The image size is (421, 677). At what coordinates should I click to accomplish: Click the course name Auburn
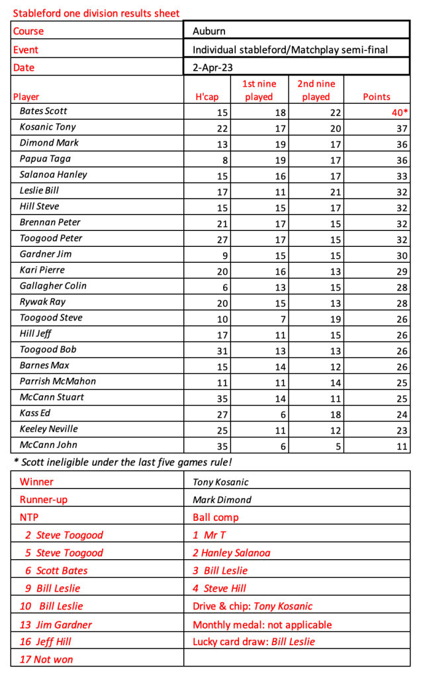coord(209,31)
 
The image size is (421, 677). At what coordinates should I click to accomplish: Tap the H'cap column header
coord(207,97)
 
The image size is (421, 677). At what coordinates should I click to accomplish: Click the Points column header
coord(377,97)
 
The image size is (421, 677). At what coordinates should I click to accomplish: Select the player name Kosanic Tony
coord(48,127)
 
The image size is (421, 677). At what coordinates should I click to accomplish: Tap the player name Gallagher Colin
coord(53,286)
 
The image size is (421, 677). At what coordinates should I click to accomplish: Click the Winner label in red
coord(36,482)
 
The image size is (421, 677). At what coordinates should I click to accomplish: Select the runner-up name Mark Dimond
coord(222,500)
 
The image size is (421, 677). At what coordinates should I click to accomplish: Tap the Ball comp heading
coord(216,518)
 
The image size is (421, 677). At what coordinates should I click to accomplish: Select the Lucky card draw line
coord(254,641)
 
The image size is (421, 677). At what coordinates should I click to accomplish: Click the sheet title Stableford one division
coord(96,13)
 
